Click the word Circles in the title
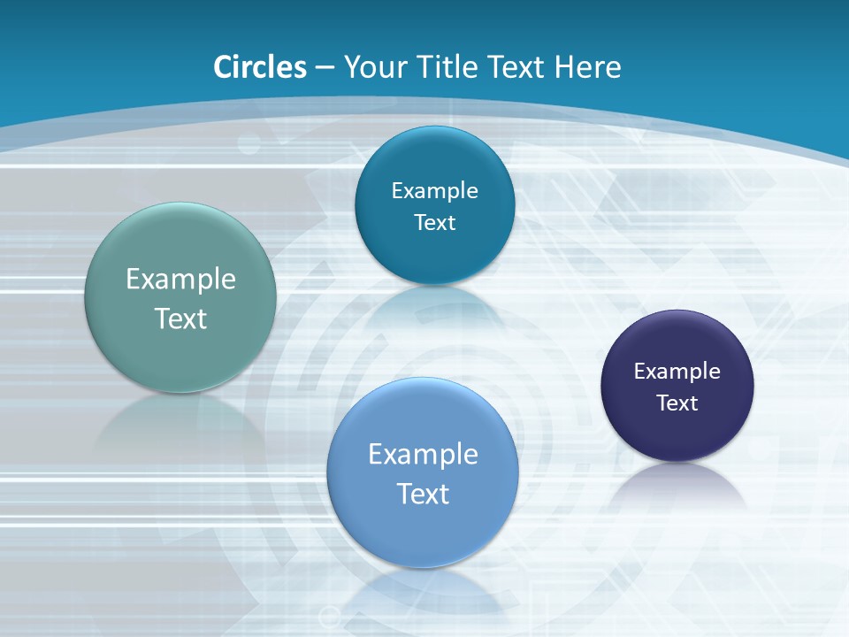pyautogui.click(x=260, y=67)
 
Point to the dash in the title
pyautogui.click(x=325, y=68)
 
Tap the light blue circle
pyautogui.click(x=423, y=531)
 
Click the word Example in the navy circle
pyautogui.click(x=677, y=372)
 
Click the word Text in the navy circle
pyautogui.click(x=677, y=403)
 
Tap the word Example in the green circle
pyautogui.click(x=180, y=280)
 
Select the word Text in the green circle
pyautogui.click(x=180, y=318)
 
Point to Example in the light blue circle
pyautogui.click(x=423, y=455)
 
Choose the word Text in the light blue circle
pyautogui.click(x=423, y=494)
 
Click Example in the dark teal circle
pyautogui.click(x=434, y=191)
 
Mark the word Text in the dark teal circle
pyautogui.click(x=434, y=223)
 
